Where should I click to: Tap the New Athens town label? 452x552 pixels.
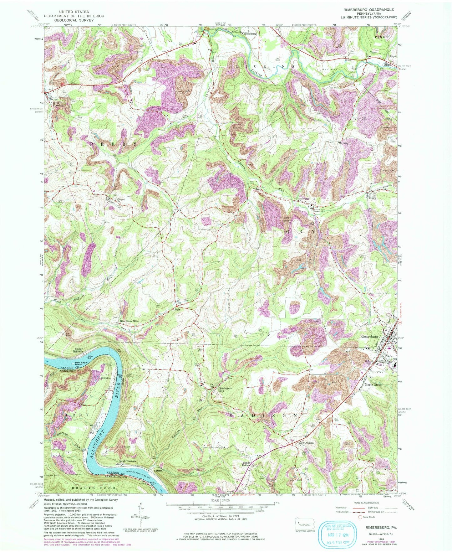306,443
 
